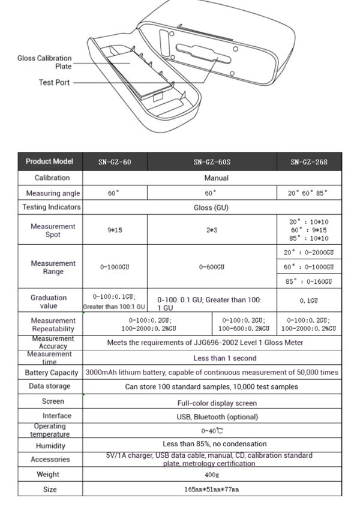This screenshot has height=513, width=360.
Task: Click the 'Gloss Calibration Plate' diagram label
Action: click(44, 62)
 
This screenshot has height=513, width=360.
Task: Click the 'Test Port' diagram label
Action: click(55, 83)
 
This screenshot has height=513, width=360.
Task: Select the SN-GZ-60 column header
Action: click(115, 162)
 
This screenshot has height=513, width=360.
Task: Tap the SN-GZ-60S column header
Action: click(212, 162)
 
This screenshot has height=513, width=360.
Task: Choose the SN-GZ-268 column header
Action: click(308, 162)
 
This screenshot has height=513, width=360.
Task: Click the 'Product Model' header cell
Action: click(50, 161)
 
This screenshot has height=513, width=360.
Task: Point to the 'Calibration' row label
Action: click(52, 178)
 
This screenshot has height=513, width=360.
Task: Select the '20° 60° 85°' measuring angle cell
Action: click(308, 194)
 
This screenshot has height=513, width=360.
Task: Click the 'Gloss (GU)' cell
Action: click(212, 208)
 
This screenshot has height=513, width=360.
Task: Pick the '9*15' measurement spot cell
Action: click(115, 230)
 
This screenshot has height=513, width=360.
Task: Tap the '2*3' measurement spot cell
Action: click(212, 230)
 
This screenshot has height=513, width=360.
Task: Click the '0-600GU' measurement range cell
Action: click(212, 266)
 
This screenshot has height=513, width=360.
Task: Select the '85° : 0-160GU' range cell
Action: click(308, 281)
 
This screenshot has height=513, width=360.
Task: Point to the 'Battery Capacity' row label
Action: click(52, 373)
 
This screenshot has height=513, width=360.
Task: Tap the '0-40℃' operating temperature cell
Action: click(212, 431)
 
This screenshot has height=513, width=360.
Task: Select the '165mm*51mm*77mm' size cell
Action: click(212, 490)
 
